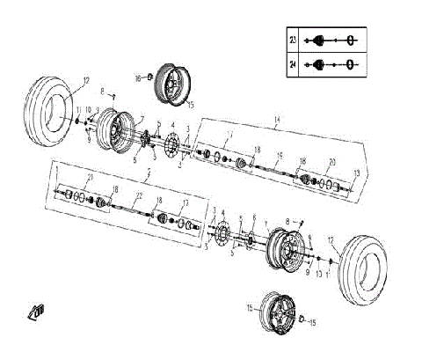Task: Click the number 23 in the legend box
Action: point(293,40)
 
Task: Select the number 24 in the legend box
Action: point(293,64)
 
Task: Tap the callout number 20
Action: point(331,162)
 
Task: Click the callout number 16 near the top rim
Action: point(138,77)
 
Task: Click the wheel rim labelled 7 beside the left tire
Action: point(114,131)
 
